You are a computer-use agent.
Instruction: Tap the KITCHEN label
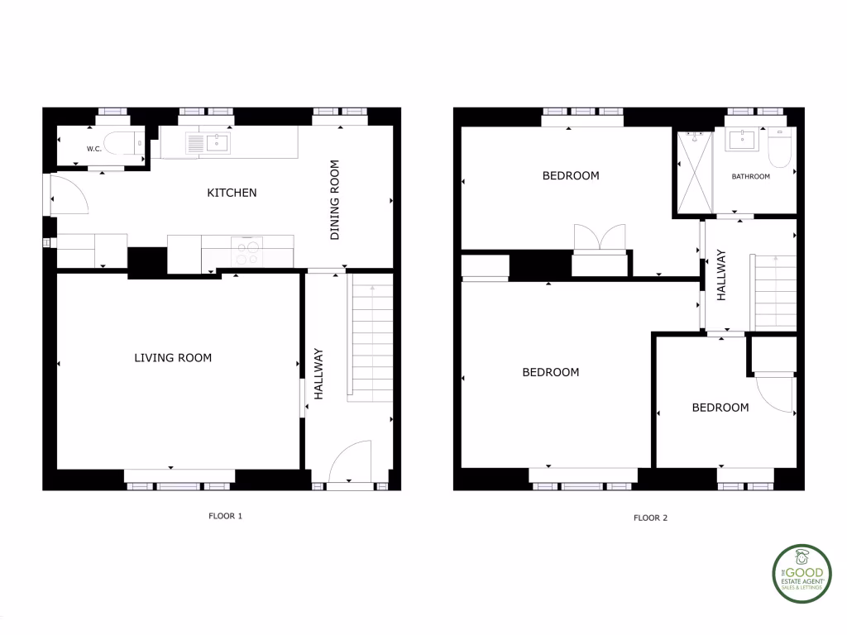(x=232, y=193)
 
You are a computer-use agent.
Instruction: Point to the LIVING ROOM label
(x=173, y=358)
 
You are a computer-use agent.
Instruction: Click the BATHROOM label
(x=751, y=176)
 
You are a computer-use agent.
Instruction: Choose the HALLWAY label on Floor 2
(x=721, y=275)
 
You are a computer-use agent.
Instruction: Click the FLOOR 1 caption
(x=225, y=516)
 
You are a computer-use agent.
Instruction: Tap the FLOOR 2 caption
(x=650, y=518)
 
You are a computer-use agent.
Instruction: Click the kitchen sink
(x=208, y=144)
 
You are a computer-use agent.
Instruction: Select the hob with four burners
(x=247, y=251)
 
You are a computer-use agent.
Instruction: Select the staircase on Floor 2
(x=774, y=292)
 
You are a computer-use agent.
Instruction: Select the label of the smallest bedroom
(x=720, y=408)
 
